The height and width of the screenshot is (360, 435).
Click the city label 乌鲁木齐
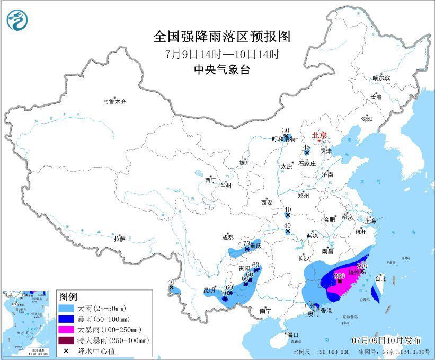115,102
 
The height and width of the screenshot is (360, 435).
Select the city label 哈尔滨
381,78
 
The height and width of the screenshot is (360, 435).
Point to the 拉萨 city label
119,239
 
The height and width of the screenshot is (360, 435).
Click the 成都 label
227,238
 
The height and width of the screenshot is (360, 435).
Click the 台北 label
381,278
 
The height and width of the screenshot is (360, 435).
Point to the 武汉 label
312,234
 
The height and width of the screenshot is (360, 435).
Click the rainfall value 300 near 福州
362,266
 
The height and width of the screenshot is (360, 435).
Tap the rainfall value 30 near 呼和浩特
286,130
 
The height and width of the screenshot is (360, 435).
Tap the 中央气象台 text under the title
222,69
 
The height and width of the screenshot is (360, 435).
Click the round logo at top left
17,20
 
